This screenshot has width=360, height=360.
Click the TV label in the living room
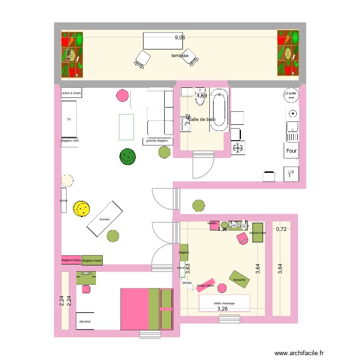[69, 119]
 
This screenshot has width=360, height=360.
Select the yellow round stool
[82, 208]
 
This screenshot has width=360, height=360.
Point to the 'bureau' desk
[105, 219]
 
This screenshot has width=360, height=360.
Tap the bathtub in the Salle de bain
[219, 110]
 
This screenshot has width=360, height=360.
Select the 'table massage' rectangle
[225, 303]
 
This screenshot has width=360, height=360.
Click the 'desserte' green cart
[239, 279]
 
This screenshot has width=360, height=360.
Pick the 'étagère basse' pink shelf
[71, 260]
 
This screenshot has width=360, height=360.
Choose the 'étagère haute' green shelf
[92, 260]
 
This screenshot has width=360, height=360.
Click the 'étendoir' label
[85, 321]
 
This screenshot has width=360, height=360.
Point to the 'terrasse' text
[180, 56]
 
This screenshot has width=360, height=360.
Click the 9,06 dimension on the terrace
[180, 38]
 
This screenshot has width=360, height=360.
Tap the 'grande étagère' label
[157, 141]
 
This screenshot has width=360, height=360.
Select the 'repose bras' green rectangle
[258, 233]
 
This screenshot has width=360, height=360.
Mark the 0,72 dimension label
[281, 229]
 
